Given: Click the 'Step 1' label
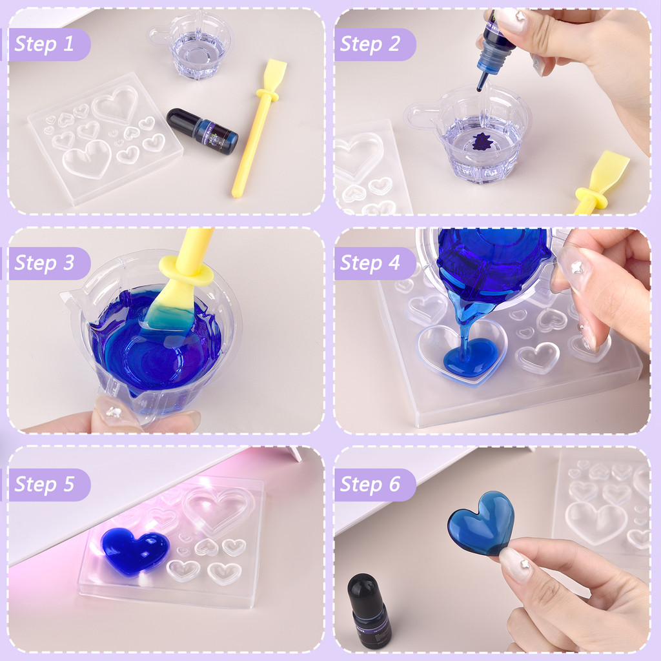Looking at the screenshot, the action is [x=45, y=44].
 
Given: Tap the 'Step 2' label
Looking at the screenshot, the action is [x=370, y=44].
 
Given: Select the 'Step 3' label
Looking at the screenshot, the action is [x=45, y=263].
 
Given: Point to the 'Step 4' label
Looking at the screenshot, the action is [x=370, y=263].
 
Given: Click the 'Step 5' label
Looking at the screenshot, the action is [x=45, y=484].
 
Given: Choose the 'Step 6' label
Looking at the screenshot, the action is [x=370, y=484].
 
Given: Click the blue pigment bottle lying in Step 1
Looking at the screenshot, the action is [x=202, y=131].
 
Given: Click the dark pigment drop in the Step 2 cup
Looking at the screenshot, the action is [x=480, y=141].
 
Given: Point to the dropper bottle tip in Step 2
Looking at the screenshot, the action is [x=480, y=87].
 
